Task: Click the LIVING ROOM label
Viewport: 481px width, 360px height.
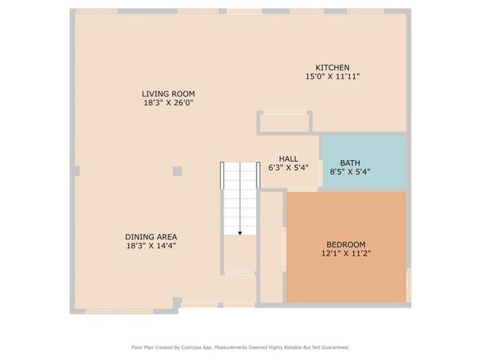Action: tap(168, 94)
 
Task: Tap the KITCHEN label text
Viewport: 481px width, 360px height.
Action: tap(332, 67)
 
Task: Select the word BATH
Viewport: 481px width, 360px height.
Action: tap(350, 162)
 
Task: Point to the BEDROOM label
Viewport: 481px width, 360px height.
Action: tap(346, 244)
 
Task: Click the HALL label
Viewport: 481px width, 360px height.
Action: tap(288, 159)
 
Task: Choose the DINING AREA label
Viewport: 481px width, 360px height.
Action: tap(151, 236)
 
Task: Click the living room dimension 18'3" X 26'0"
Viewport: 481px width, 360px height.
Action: tap(168, 103)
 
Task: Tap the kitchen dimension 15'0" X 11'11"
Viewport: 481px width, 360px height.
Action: tap(332, 76)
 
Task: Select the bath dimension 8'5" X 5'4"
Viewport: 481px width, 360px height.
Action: tap(350, 172)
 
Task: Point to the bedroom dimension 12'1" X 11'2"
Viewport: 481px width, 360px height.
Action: tap(346, 253)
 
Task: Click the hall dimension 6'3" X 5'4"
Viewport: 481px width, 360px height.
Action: tap(288, 168)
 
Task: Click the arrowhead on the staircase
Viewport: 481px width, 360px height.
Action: tap(240, 232)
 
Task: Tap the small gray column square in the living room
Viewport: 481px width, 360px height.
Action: tap(177, 171)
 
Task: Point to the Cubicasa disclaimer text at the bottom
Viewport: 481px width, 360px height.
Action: tap(240, 347)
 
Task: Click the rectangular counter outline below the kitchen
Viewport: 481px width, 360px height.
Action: tap(284, 122)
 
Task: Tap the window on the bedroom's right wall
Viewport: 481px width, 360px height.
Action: tap(408, 283)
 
